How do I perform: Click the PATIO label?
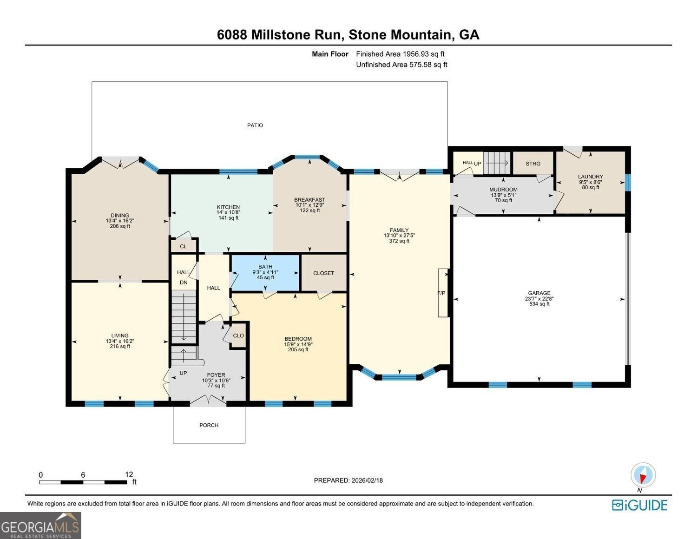[255, 125]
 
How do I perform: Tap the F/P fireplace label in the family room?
[441, 293]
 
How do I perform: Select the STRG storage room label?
[533, 164]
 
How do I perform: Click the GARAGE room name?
[539, 293]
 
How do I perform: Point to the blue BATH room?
[265, 272]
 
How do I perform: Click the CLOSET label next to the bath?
[323, 273]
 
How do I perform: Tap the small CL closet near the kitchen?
[183, 246]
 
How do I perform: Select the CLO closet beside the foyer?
[238, 335]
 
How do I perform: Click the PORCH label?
[209, 425]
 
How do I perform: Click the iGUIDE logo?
[639, 505]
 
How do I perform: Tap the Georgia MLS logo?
[40, 526]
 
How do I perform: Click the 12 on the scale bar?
[129, 474]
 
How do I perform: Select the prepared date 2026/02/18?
[367, 480]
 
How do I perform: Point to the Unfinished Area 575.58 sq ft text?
[401, 65]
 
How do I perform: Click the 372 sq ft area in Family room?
[399, 241]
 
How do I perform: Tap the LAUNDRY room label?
[590, 177]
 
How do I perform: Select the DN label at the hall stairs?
[184, 283]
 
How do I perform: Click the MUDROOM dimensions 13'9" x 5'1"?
[503, 195]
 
